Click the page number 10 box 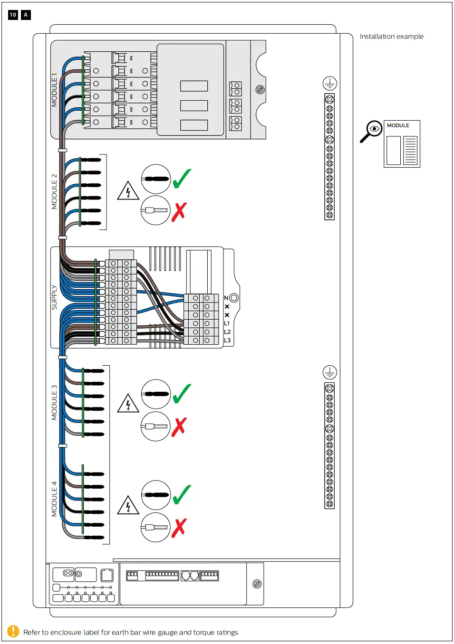(13, 15)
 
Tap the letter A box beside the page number (26, 15)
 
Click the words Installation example (391, 37)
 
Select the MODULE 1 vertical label (54, 90)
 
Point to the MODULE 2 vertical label (54, 192)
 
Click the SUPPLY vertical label (54, 297)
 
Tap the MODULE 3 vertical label (54, 402)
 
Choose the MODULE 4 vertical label (54, 499)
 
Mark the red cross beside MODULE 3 (179, 426)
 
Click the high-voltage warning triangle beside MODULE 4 (128, 505)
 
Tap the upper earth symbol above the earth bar (329, 84)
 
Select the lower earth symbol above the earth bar (329, 372)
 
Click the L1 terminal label (227, 323)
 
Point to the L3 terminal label (227, 341)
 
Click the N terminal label (226, 298)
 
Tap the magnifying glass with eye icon (371, 131)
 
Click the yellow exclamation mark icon (13, 632)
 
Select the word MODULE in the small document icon (398, 125)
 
